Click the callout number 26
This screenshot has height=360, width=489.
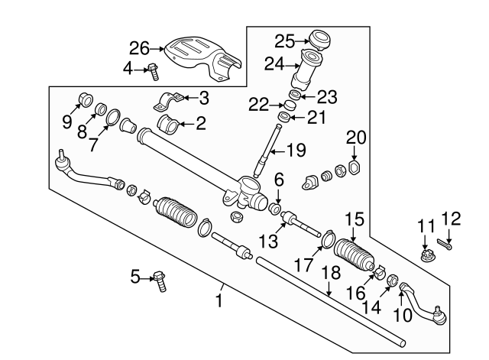[139, 48]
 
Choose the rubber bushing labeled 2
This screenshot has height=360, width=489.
[171, 124]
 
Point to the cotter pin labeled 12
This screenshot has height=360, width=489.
[448, 245]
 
